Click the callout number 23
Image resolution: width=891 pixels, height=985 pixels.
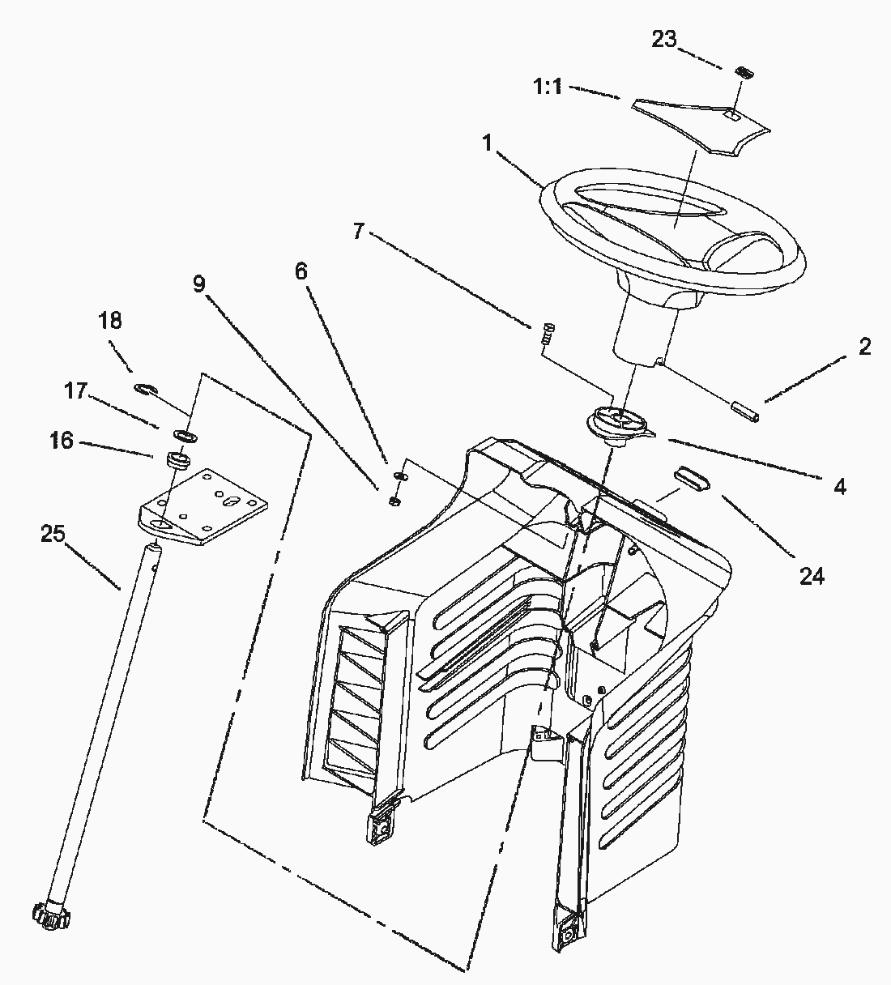point(664,39)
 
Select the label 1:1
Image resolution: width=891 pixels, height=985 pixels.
point(548,87)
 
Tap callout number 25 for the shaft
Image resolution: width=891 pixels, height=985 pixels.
point(53,534)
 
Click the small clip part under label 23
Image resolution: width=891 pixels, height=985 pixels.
point(744,72)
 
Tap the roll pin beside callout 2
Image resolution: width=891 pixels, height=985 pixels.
point(748,409)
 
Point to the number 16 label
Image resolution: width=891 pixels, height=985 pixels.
point(61,441)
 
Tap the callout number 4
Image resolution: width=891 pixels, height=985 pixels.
point(840,486)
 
